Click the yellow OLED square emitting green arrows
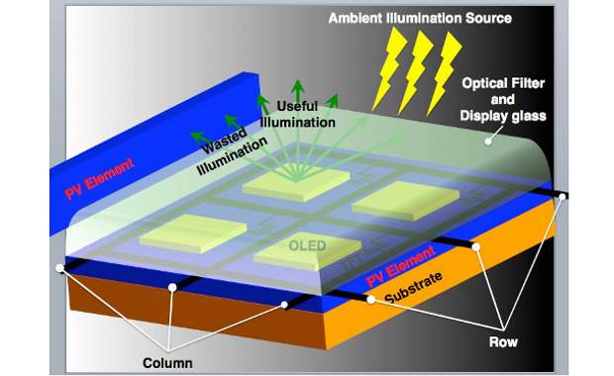point(297,181)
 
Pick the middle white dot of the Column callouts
point(172,288)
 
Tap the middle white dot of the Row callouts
point(476,247)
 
